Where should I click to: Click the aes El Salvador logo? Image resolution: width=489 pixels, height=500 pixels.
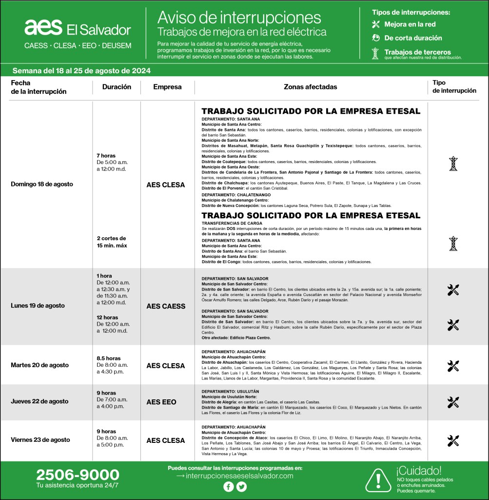[x=78, y=28]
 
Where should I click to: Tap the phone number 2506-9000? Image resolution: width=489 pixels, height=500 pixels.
[x=78, y=475]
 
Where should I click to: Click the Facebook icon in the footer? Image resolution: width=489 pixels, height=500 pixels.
[x=228, y=487]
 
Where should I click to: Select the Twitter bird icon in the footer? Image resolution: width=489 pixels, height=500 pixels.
[x=241, y=487]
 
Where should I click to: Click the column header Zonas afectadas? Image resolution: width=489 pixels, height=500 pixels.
[x=310, y=87]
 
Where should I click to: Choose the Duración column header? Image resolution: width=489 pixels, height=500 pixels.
[x=117, y=87]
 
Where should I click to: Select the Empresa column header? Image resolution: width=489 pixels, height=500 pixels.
[x=167, y=87]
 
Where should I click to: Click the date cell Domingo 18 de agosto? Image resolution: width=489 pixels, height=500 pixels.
[x=42, y=184]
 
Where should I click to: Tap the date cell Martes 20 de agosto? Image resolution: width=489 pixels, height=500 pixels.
[x=39, y=365]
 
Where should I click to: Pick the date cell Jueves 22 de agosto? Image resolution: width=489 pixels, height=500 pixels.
[x=39, y=401]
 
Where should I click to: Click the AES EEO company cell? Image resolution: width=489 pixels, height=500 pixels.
[x=161, y=402]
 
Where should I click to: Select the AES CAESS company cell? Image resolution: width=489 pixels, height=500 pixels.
[x=166, y=306]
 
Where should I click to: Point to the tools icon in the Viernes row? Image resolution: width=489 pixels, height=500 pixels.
[x=453, y=441]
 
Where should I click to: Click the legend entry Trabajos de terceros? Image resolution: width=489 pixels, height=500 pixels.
[x=417, y=52]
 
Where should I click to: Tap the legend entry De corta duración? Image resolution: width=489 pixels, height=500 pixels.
[x=412, y=38]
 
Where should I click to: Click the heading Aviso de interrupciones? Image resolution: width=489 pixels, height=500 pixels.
[x=239, y=18]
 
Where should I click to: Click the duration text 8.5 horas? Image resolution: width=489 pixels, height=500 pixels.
[x=108, y=358]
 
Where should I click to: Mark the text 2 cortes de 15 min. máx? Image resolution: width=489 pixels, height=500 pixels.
[x=112, y=242]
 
